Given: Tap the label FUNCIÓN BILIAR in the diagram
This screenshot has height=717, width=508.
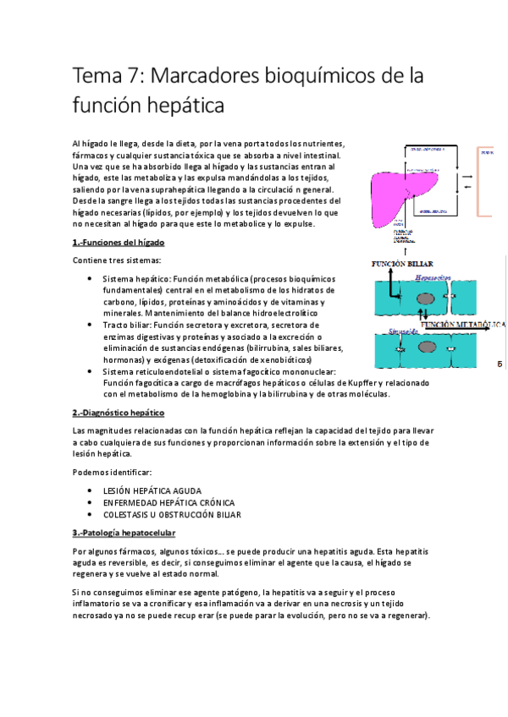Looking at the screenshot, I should [403, 264].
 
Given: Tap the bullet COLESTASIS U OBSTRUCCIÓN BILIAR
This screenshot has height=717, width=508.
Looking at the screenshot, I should [172, 513].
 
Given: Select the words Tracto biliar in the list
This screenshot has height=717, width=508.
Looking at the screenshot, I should [126, 325].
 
